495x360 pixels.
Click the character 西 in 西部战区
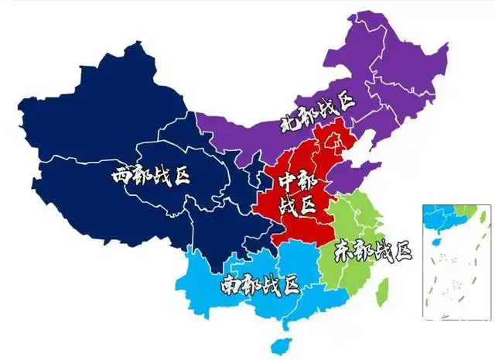pos(121,176)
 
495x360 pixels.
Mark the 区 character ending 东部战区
pos(401,251)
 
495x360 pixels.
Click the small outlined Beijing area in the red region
pos(334,142)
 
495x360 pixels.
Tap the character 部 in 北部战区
pos(308,115)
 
